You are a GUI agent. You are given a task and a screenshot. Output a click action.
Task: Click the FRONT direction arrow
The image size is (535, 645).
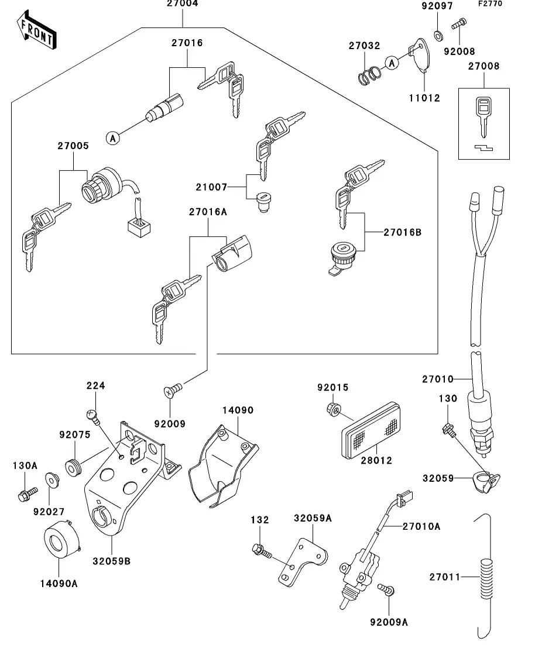36,33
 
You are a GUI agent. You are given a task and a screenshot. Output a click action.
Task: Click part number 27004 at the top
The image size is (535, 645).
182,4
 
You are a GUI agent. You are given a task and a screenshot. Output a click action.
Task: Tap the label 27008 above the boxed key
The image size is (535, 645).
483,67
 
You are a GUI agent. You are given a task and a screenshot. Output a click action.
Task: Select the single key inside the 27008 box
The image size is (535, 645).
483,115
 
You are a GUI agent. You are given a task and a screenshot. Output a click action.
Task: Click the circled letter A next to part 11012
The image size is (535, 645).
392,61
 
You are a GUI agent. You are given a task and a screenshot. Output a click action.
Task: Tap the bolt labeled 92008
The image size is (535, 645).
458,25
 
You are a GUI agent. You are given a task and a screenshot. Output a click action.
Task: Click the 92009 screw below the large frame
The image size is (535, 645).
173,390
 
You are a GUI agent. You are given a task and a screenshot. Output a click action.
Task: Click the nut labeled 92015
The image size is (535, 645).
331,408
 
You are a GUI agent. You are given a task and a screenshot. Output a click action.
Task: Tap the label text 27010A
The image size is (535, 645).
421,526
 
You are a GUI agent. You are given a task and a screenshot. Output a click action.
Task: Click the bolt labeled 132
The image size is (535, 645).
260,550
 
